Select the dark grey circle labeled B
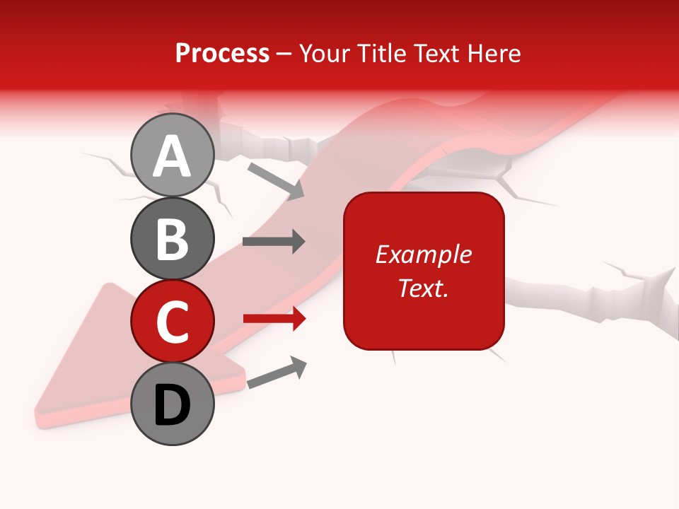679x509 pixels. (x=172, y=238)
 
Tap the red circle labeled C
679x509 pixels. (x=172, y=321)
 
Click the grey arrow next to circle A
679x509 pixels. (x=275, y=181)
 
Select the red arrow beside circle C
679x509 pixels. (x=274, y=319)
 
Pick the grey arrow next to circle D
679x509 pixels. (x=277, y=373)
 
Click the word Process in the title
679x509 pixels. (x=222, y=53)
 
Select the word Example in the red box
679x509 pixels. (x=423, y=255)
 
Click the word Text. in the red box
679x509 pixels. (x=423, y=288)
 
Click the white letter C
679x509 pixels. (x=172, y=322)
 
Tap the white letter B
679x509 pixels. (x=172, y=239)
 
